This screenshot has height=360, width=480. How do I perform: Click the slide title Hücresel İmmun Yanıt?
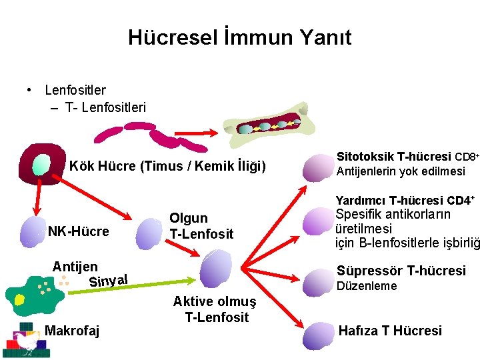point(239,37)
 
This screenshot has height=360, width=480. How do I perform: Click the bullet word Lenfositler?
point(75,89)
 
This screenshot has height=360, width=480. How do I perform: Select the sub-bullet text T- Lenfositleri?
point(105,107)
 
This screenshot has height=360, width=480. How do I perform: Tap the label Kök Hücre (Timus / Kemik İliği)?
point(167,166)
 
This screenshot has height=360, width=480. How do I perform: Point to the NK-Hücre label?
point(78,231)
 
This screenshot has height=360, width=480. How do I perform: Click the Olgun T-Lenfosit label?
point(201,226)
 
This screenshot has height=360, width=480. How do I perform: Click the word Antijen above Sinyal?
point(75,267)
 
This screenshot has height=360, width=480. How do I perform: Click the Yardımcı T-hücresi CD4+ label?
point(405,200)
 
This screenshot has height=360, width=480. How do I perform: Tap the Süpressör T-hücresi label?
point(401,271)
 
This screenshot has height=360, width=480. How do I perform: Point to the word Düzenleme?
point(366,286)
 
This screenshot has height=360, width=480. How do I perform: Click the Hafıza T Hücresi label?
point(390,331)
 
